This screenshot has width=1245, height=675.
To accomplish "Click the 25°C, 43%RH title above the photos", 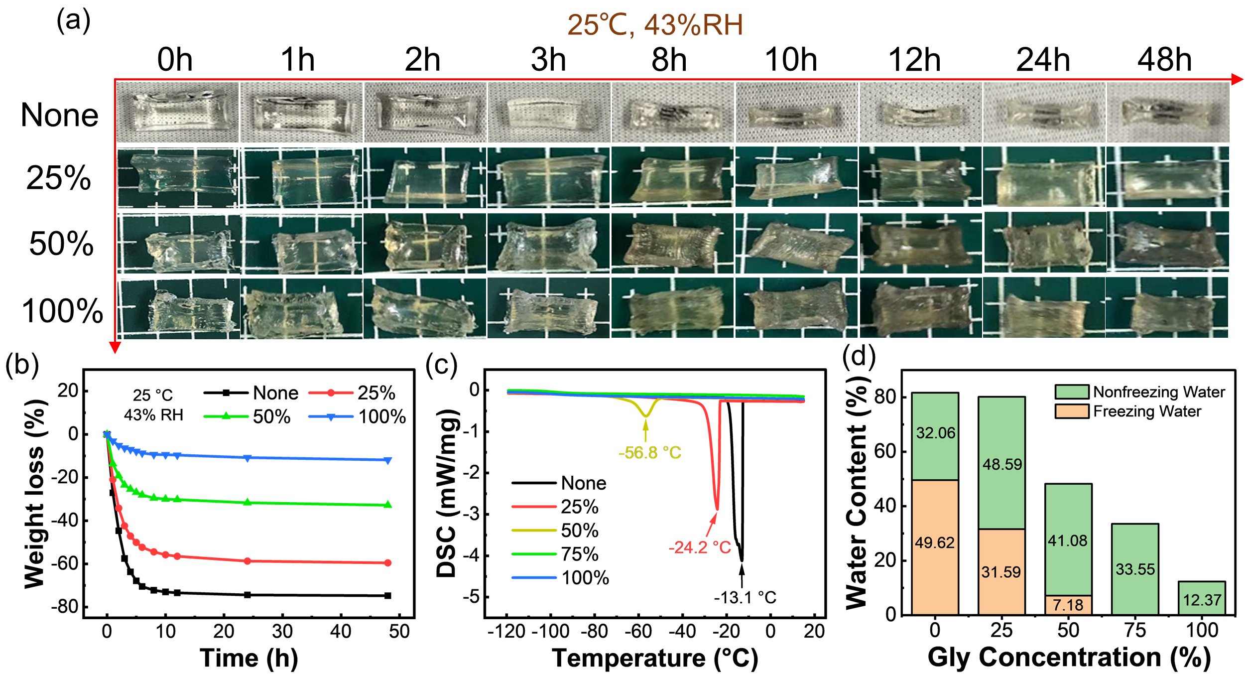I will pyautogui.click(x=655, y=25).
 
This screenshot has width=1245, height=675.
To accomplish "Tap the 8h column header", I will pyautogui.click(x=669, y=60).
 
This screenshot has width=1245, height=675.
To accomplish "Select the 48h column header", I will pyautogui.click(x=1164, y=60).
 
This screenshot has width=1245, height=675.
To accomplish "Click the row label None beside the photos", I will pyautogui.click(x=60, y=115).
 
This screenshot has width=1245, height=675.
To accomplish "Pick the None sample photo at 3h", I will pyautogui.click(x=548, y=113).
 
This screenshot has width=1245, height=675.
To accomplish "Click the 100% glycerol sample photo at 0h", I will pyautogui.click(x=178, y=308).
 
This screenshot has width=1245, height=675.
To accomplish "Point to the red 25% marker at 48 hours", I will pyautogui.click(x=388, y=563).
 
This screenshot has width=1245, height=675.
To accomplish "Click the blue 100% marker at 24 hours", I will pyautogui.click(x=248, y=458).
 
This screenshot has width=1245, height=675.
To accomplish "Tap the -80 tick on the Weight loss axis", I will pyautogui.click(x=64, y=607).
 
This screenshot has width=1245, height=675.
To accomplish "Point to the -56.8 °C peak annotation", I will pyautogui.click(x=650, y=453).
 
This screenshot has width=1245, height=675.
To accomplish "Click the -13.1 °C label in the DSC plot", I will pyautogui.click(x=745, y=597).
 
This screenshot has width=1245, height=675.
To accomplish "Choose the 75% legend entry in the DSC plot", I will pyautogui.click(x=557, y=554).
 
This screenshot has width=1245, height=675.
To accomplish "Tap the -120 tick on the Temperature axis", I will pyautogui.click(x=507, y=632).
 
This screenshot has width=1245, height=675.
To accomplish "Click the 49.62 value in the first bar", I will pyautogui.click(x=935, y=542).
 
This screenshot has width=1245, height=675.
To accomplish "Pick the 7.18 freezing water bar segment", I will pyautogui.click(x=1068, y=605).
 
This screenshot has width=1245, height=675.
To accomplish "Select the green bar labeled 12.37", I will pyautogui.click(x=1202, y=598).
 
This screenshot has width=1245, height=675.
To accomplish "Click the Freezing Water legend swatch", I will pyautogui.click(x=1072, y=411).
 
